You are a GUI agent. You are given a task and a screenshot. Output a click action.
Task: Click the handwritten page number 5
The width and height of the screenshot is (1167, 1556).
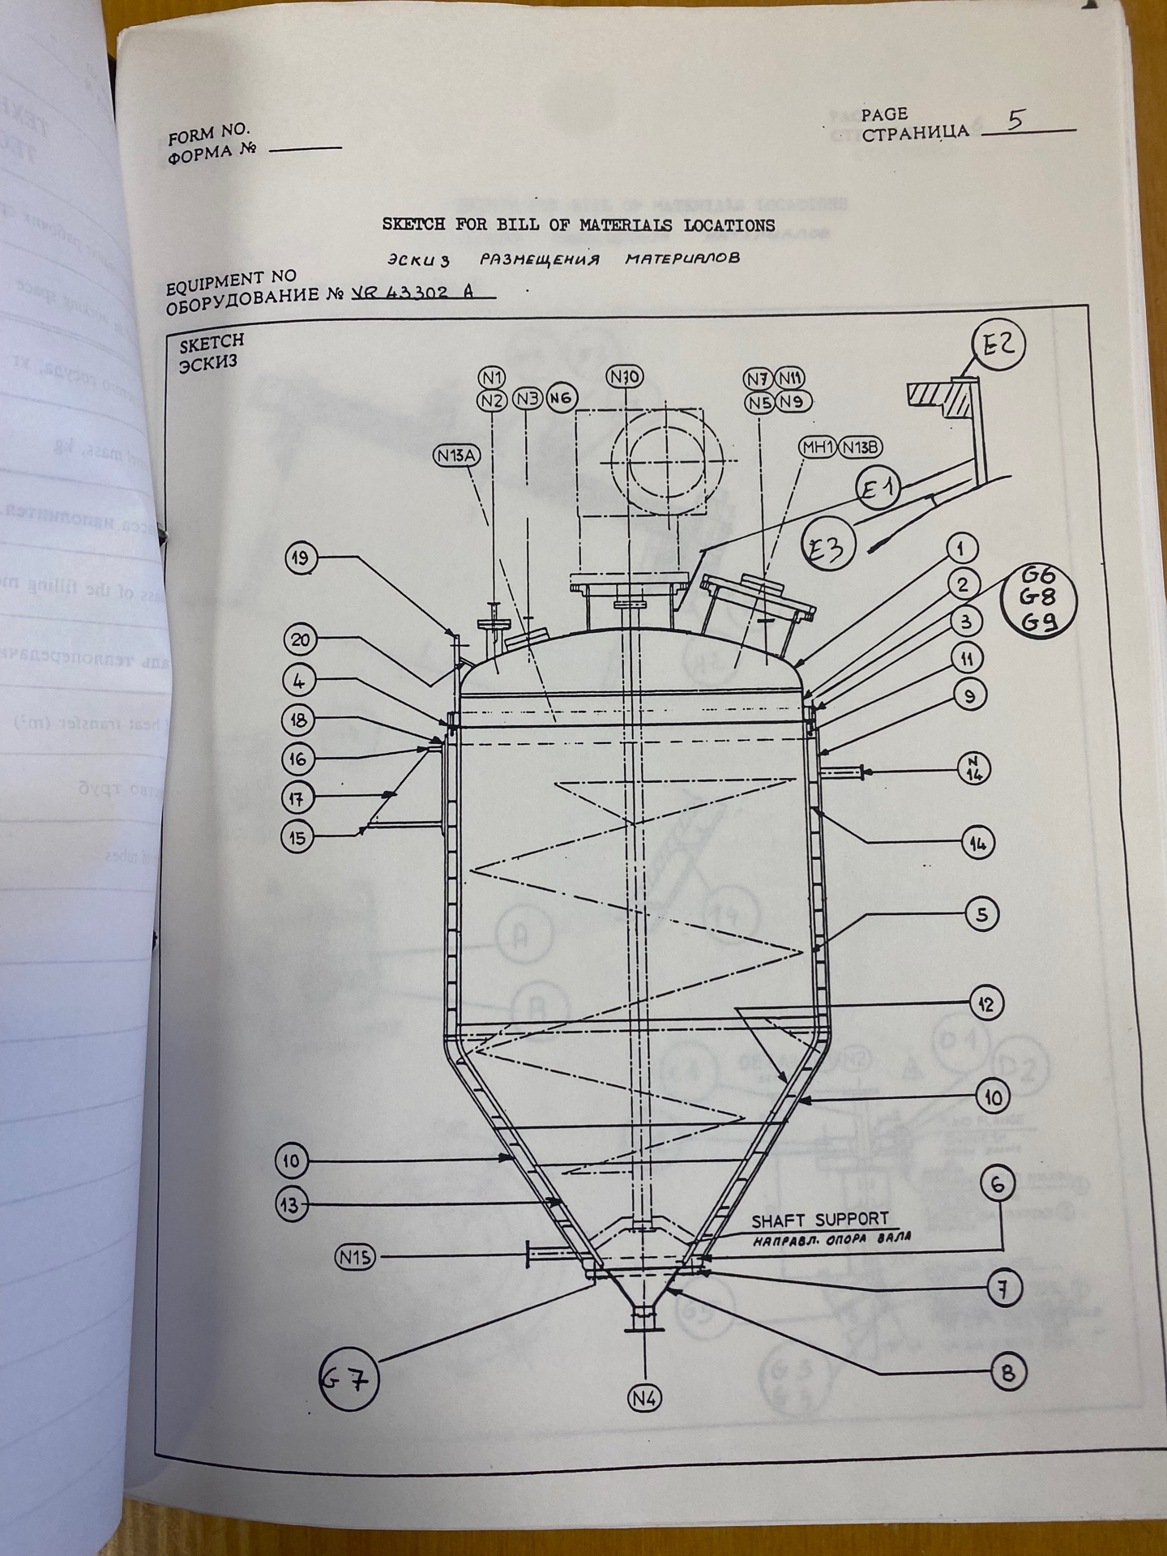coord(1015,121)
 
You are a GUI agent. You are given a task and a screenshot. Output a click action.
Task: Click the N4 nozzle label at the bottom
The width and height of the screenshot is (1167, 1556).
coord(644,1398)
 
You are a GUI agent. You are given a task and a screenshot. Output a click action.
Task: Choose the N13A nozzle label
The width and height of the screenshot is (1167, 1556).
coord(457,456)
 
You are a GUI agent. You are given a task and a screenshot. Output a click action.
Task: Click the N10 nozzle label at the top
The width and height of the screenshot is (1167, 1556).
coord(626,376)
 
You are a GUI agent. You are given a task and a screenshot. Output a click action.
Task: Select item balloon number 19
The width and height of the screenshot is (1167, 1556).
coord(301,558)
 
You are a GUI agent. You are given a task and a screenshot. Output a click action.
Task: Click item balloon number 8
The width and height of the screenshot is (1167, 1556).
coord(1007,1373)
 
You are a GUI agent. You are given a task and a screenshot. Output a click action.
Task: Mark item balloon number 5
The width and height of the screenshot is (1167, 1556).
coord(982,915)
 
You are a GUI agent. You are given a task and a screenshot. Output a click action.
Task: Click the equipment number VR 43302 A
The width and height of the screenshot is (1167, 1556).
coord(421,293)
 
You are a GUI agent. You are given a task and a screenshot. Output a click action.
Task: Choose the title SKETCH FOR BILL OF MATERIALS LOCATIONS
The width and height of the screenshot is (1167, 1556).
coord(578,225)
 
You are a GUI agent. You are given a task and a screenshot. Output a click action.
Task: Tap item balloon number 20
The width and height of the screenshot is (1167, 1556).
coord(301,640)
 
